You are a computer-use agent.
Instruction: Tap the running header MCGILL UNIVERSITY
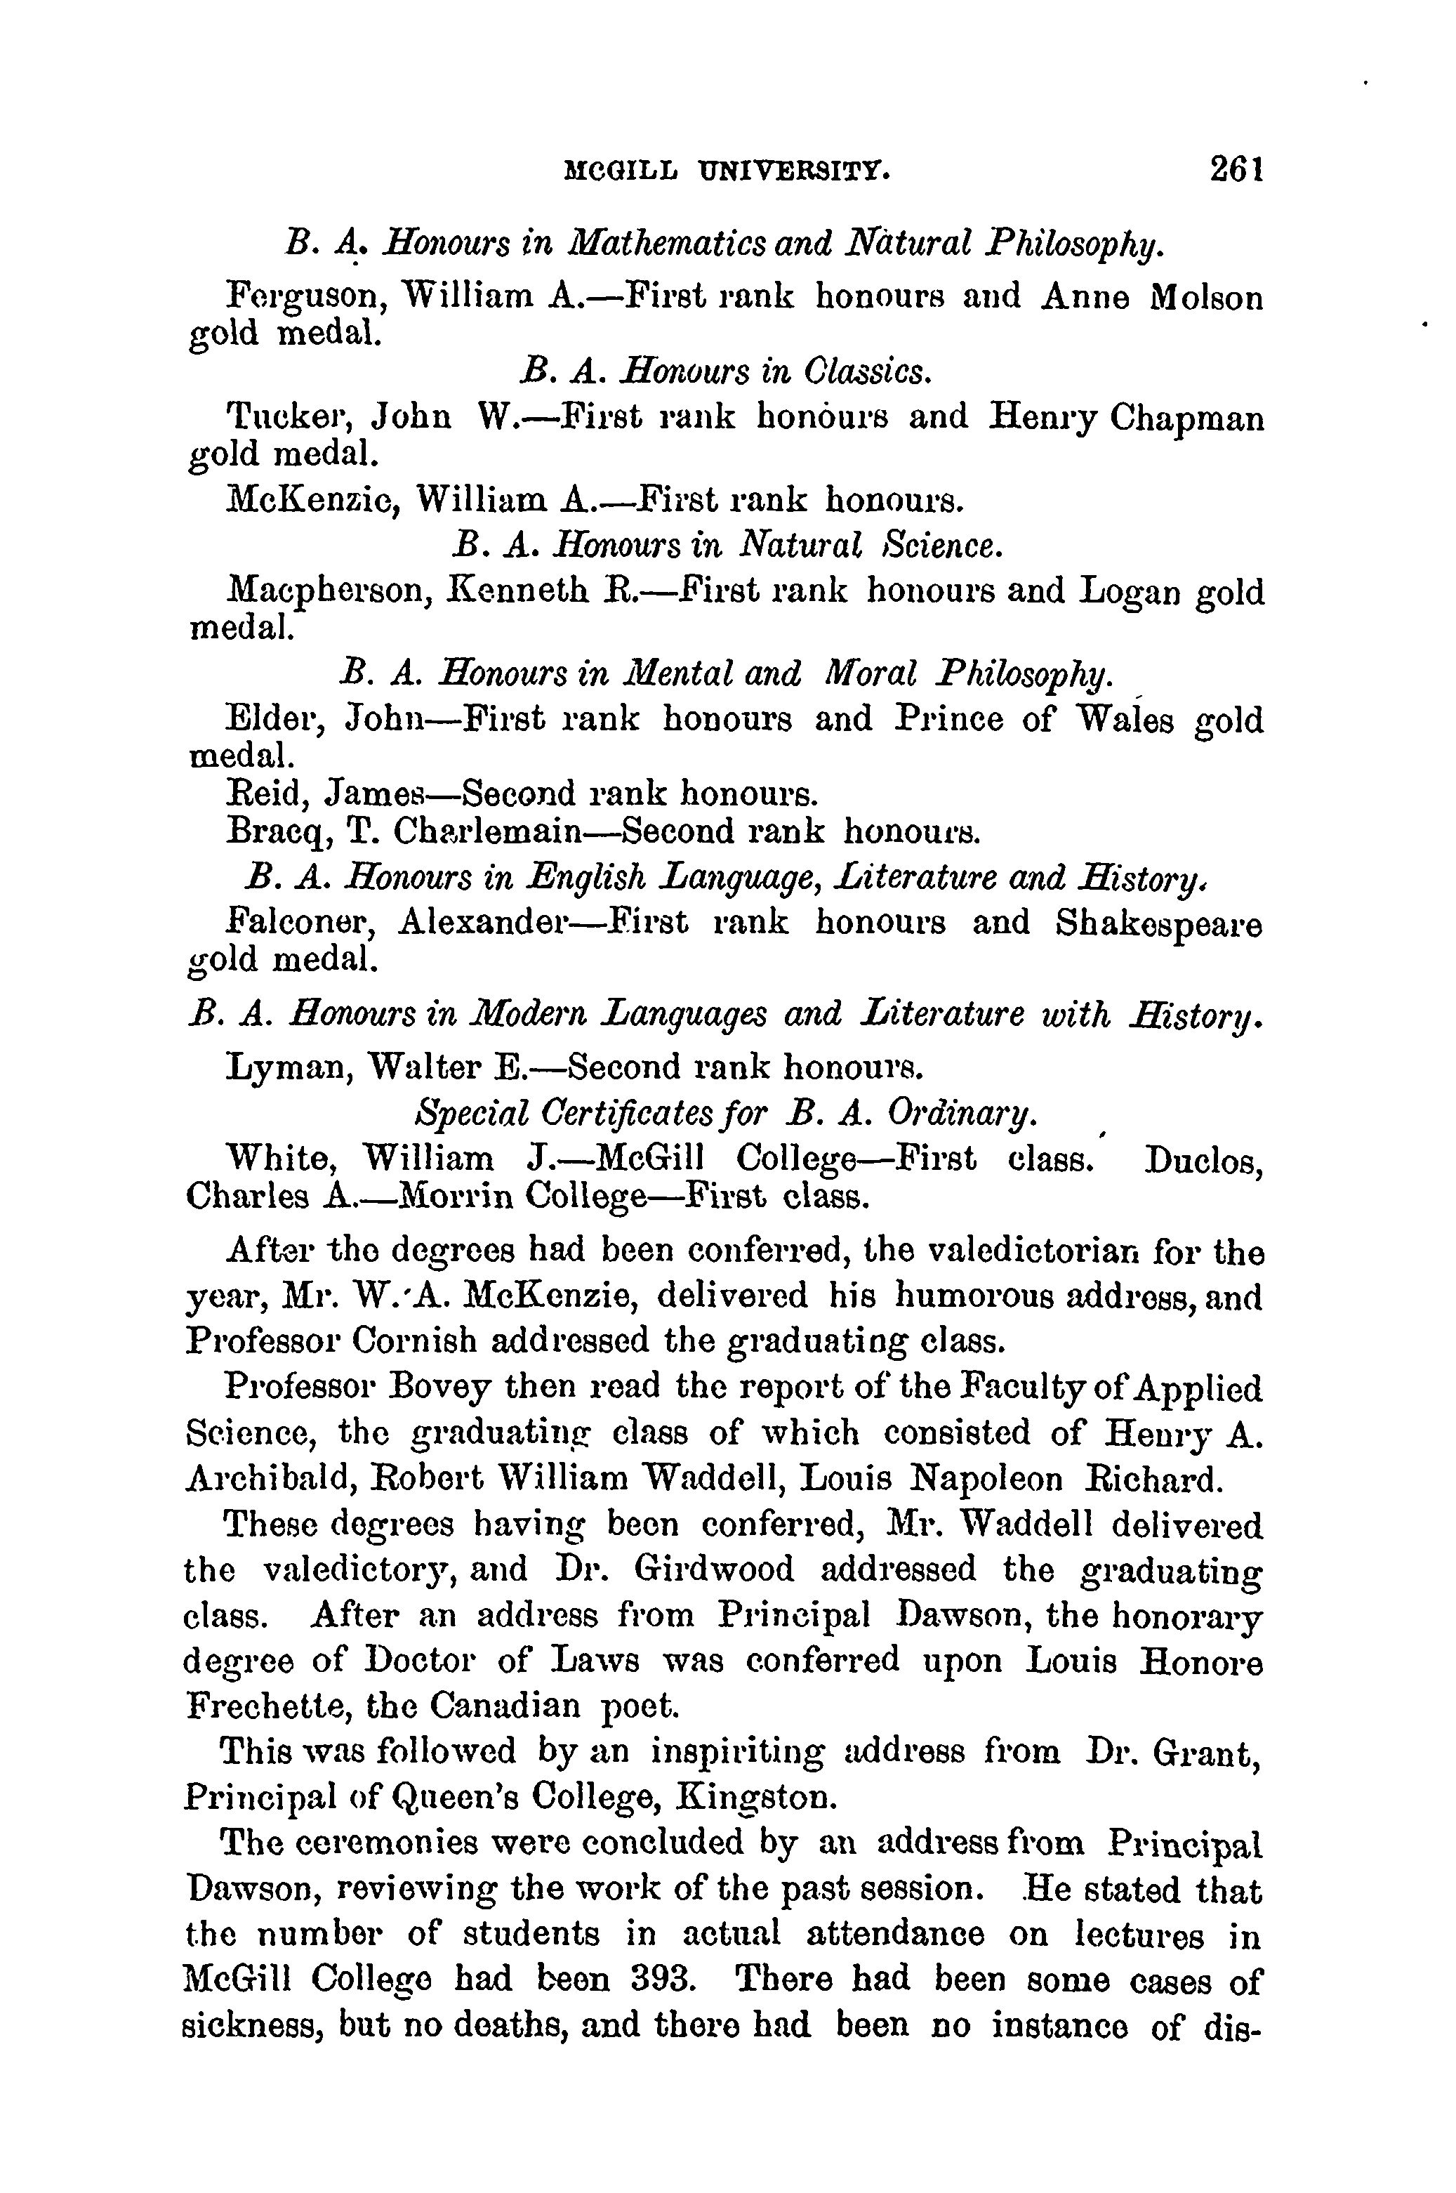pyautogui.click(x=728, y=173)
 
